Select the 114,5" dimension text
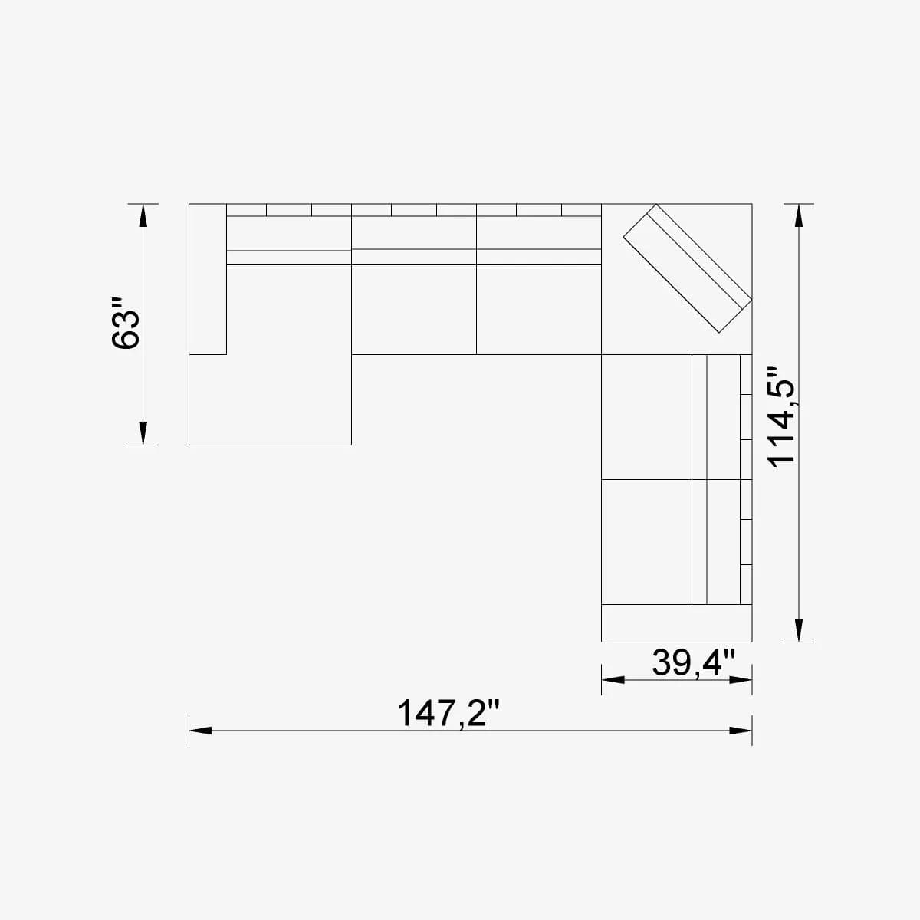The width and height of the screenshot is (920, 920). (784, 414)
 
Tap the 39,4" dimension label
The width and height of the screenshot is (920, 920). (693, 662)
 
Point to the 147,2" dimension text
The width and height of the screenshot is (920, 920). (448, 714)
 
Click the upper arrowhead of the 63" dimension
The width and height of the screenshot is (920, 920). (142, 215)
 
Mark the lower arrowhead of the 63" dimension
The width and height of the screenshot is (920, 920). (142, 433)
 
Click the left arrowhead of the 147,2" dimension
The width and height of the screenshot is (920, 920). (201, 731)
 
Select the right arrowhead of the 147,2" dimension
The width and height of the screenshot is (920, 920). (741, 731)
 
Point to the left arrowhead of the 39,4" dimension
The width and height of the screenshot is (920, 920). (613, 680)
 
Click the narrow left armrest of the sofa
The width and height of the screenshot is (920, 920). (208, 279)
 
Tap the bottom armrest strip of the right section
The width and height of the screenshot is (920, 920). (676, 623)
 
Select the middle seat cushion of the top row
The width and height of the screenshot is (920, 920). (414, 308)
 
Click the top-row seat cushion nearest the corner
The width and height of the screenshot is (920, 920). (538, 308)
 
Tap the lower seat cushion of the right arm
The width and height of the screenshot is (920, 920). (646, 541)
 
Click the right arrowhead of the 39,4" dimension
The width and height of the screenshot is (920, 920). (741, 680)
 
